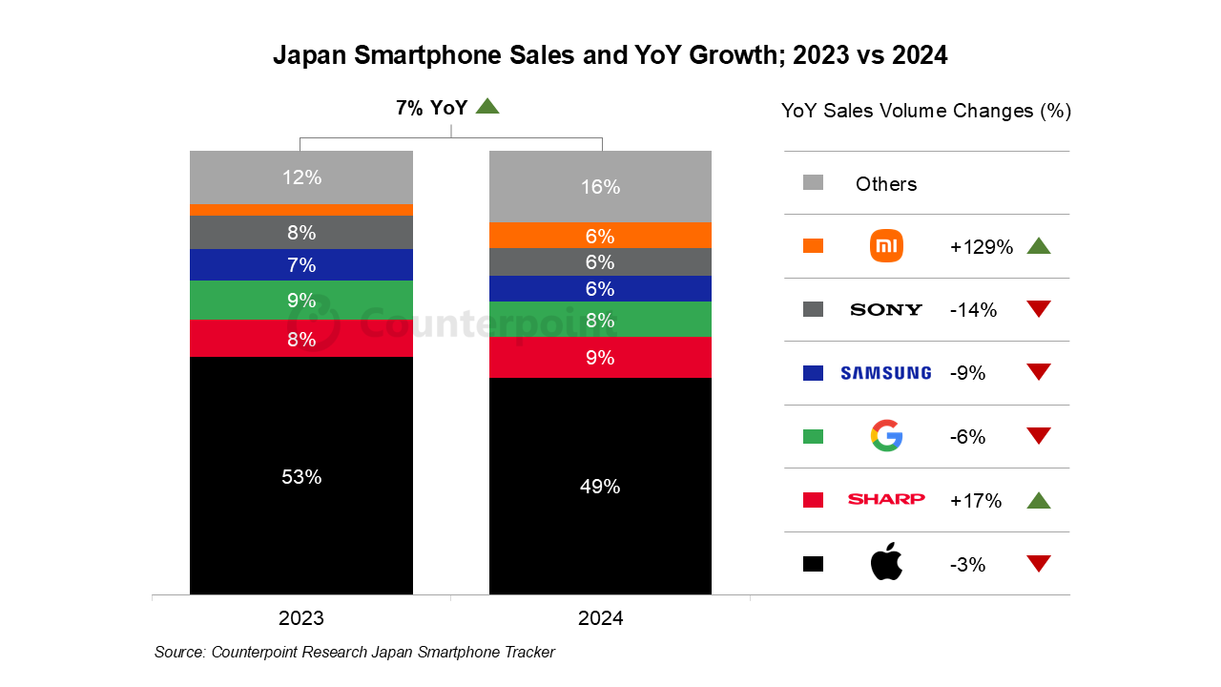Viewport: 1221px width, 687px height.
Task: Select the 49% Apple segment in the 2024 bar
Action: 600,486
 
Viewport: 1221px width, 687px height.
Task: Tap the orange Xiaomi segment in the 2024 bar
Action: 600,236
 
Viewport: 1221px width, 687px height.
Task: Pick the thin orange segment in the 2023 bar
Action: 301,209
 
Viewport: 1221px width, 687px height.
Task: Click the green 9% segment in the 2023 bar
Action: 301,300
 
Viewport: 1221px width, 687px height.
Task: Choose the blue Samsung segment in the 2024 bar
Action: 600,288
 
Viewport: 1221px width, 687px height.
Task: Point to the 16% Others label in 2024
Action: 600,187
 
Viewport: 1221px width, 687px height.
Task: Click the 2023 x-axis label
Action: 301,618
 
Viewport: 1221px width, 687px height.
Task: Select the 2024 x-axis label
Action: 600,618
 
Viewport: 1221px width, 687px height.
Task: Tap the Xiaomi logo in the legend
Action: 886,246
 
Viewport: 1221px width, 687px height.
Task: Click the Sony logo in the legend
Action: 886,309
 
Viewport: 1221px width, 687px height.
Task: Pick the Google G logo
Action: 886,436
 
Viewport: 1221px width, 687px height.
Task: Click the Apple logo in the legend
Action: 886,563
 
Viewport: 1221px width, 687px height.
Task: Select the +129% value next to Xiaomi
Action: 981,246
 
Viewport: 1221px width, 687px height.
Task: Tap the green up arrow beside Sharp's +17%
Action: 1039,500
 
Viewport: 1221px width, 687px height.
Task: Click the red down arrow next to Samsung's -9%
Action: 1039,372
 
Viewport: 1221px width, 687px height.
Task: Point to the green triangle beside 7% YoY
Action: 487,107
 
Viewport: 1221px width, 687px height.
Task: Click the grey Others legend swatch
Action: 813,183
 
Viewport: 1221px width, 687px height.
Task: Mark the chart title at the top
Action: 610,55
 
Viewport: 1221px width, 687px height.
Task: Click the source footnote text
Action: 354,652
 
